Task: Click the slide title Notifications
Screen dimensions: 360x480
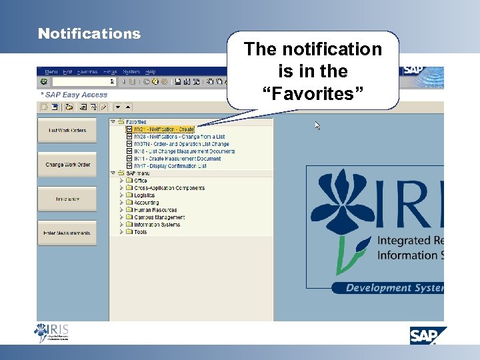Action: [x=89, y=33]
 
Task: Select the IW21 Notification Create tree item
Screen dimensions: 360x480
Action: [x=163, y=129]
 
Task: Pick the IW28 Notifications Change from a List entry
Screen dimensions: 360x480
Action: [x=169, y=137]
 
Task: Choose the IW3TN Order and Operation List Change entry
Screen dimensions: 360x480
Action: [x=181, y=144]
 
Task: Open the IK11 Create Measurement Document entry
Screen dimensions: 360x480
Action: [x=177, y=159]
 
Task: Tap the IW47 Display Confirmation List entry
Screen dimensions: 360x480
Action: [x=170, y=166]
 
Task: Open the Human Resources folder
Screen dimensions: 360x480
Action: [x=155, y=210]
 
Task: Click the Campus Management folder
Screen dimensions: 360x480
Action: [x=159, y=217]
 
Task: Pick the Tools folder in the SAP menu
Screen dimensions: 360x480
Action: [x=140, y=232]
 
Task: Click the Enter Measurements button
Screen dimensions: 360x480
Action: [x=67, y=233]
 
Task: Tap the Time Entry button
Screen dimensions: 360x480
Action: [x=67, y=199]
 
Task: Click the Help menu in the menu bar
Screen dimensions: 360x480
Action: [x=150, y=71]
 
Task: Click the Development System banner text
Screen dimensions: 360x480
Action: [x=393, y=288]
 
